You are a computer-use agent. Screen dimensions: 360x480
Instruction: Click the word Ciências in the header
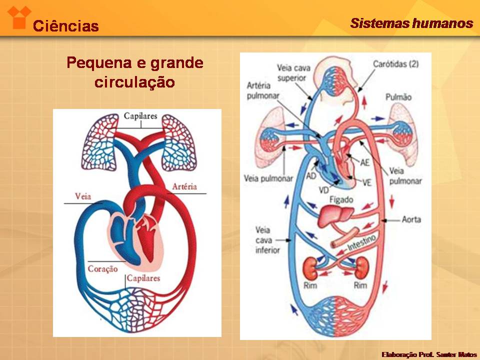pyautogui.click(x=65, y=26)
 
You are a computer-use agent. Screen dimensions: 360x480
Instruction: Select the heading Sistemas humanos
pyautogui.click(x=411, y=23)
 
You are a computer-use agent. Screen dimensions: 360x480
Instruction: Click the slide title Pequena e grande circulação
pyautogui.click(x=135, y=72)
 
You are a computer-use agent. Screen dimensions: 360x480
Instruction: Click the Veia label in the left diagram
pyautogui.click(x=83, y=196)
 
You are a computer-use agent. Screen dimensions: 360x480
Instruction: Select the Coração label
pyautogui.click(x=102, y=268)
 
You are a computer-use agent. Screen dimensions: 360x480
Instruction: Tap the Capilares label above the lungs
pyautogui.click(x=140, y=116)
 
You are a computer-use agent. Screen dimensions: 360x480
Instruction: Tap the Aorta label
pyautogui.click(x=411, y=219)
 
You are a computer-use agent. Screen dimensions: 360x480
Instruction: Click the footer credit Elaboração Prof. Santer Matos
pyautogui.click(x=429, y=354)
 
